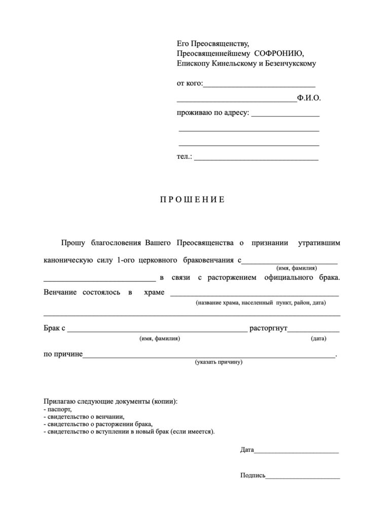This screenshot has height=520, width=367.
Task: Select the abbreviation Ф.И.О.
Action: point(309,98)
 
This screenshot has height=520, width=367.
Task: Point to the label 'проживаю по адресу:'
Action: point(213,113)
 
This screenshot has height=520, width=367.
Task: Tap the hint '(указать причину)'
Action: point(219,363)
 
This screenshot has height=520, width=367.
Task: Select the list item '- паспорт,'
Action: point(58,409)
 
